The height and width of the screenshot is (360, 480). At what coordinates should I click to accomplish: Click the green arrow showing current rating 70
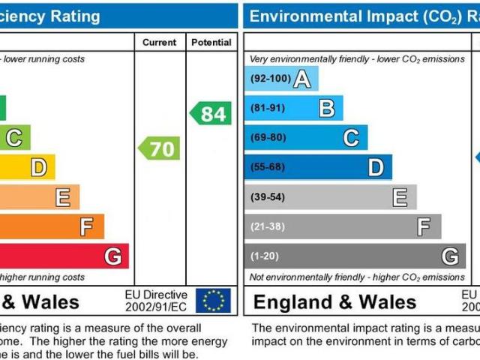pyautogui.click(x=160, y=148)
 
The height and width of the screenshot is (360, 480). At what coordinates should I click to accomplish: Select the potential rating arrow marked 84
pyautogui.click(x=210, y=114)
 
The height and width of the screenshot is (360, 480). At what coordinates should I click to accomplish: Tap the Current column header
pyautogui.click(x=160, y=43)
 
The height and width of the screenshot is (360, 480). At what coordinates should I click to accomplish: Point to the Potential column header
pyautogui.click(x=211, y=43)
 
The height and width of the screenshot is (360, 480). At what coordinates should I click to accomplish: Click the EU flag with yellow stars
pyautogui.click(x=213, y=301)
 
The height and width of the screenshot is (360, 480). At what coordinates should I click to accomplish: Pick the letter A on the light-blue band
pyautogui.click(x=301, y=79)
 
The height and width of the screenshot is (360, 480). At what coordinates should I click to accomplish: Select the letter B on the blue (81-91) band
pyautogui.click(x=326, y=108)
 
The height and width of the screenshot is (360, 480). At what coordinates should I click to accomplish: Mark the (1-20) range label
pyautogui.click(x=264, y=256)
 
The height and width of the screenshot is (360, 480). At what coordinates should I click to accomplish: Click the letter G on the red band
pyautogui.click(x=112, y=256)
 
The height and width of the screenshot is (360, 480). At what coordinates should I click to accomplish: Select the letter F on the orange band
pyautogui.click(x=87, y=226)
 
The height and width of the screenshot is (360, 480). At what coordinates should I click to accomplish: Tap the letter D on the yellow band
pyautogui.click(x=38, y=167)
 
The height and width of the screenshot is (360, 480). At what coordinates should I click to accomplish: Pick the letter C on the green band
pyautogui.click(x=14, y=138)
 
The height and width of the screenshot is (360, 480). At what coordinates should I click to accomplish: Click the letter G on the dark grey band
pyautogui.click(x=449, y=256)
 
